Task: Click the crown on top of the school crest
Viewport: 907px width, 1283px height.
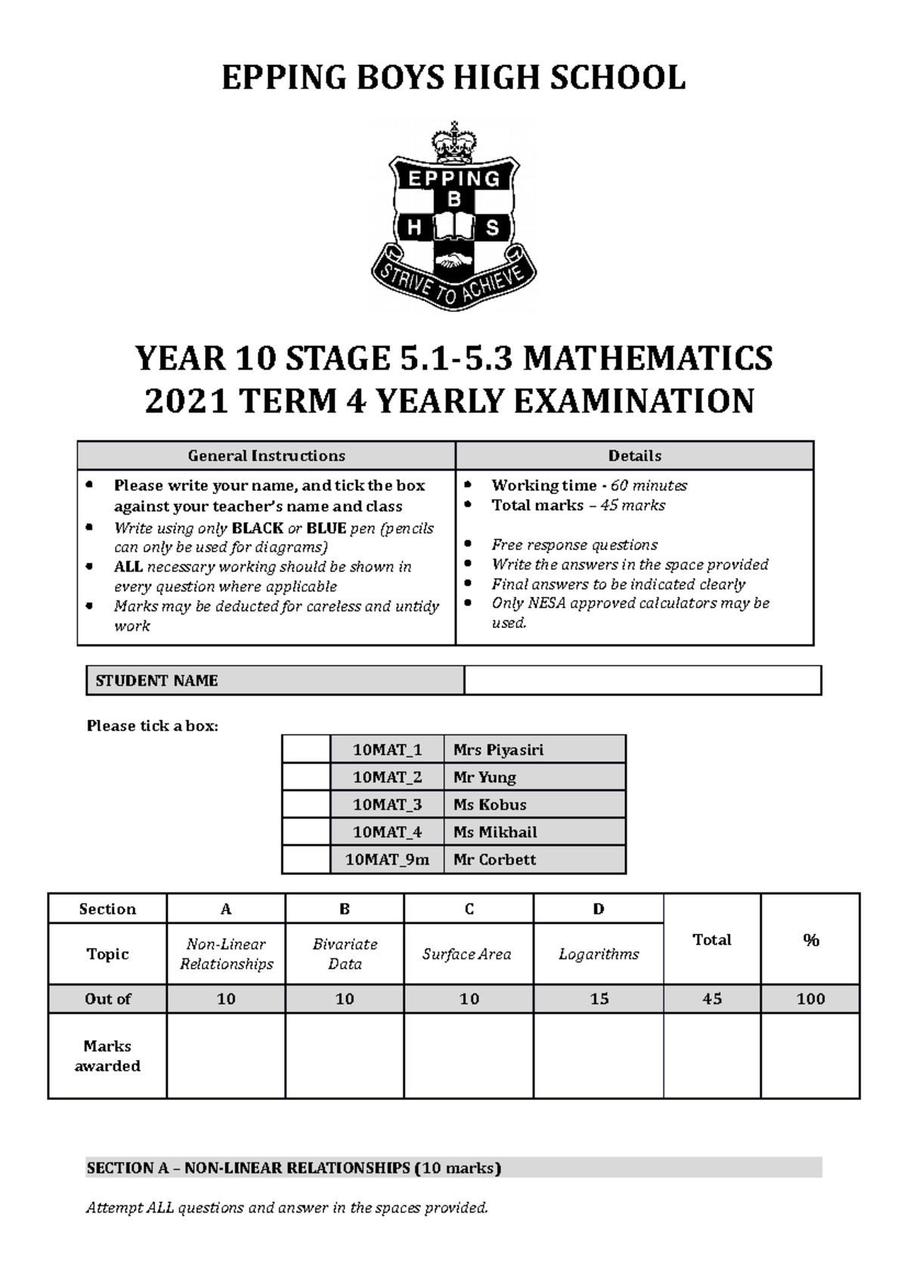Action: point(453,142)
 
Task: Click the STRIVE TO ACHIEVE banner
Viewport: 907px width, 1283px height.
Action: point(453,285)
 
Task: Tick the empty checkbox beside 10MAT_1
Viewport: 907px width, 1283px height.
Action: point(306,750)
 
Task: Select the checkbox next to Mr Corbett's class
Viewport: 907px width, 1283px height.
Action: point(306,859)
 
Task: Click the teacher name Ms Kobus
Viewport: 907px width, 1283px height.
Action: point(490,805)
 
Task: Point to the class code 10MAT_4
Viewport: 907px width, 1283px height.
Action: point(387,832)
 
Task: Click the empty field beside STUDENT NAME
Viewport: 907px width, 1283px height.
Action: point(642,680)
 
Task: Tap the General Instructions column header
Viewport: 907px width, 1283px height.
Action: point(266,456)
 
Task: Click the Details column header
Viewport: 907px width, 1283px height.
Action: point(634,456)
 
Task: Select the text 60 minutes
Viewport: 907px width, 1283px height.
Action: point(649,485)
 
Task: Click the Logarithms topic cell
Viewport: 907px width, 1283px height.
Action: point(599,954)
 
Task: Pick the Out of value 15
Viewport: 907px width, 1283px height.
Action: point(599,999)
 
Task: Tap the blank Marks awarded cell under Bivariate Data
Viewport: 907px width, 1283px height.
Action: point(345,1056)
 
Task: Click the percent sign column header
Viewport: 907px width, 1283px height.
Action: point(811,940)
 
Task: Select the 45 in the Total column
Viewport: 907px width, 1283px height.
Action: point(712,999)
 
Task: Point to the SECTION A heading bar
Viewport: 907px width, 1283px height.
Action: point(453,1167)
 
